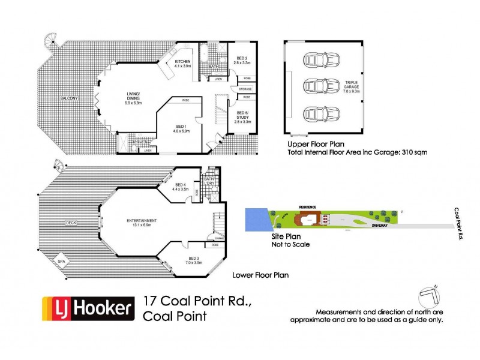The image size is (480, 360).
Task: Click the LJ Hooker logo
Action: pos(86,308)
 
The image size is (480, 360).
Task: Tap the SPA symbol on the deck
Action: pos(62,261)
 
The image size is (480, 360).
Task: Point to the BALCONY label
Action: pos(67,98)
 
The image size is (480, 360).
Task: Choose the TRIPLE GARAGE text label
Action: pos(351,85)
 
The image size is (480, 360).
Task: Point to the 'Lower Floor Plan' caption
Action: pos(260,275)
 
